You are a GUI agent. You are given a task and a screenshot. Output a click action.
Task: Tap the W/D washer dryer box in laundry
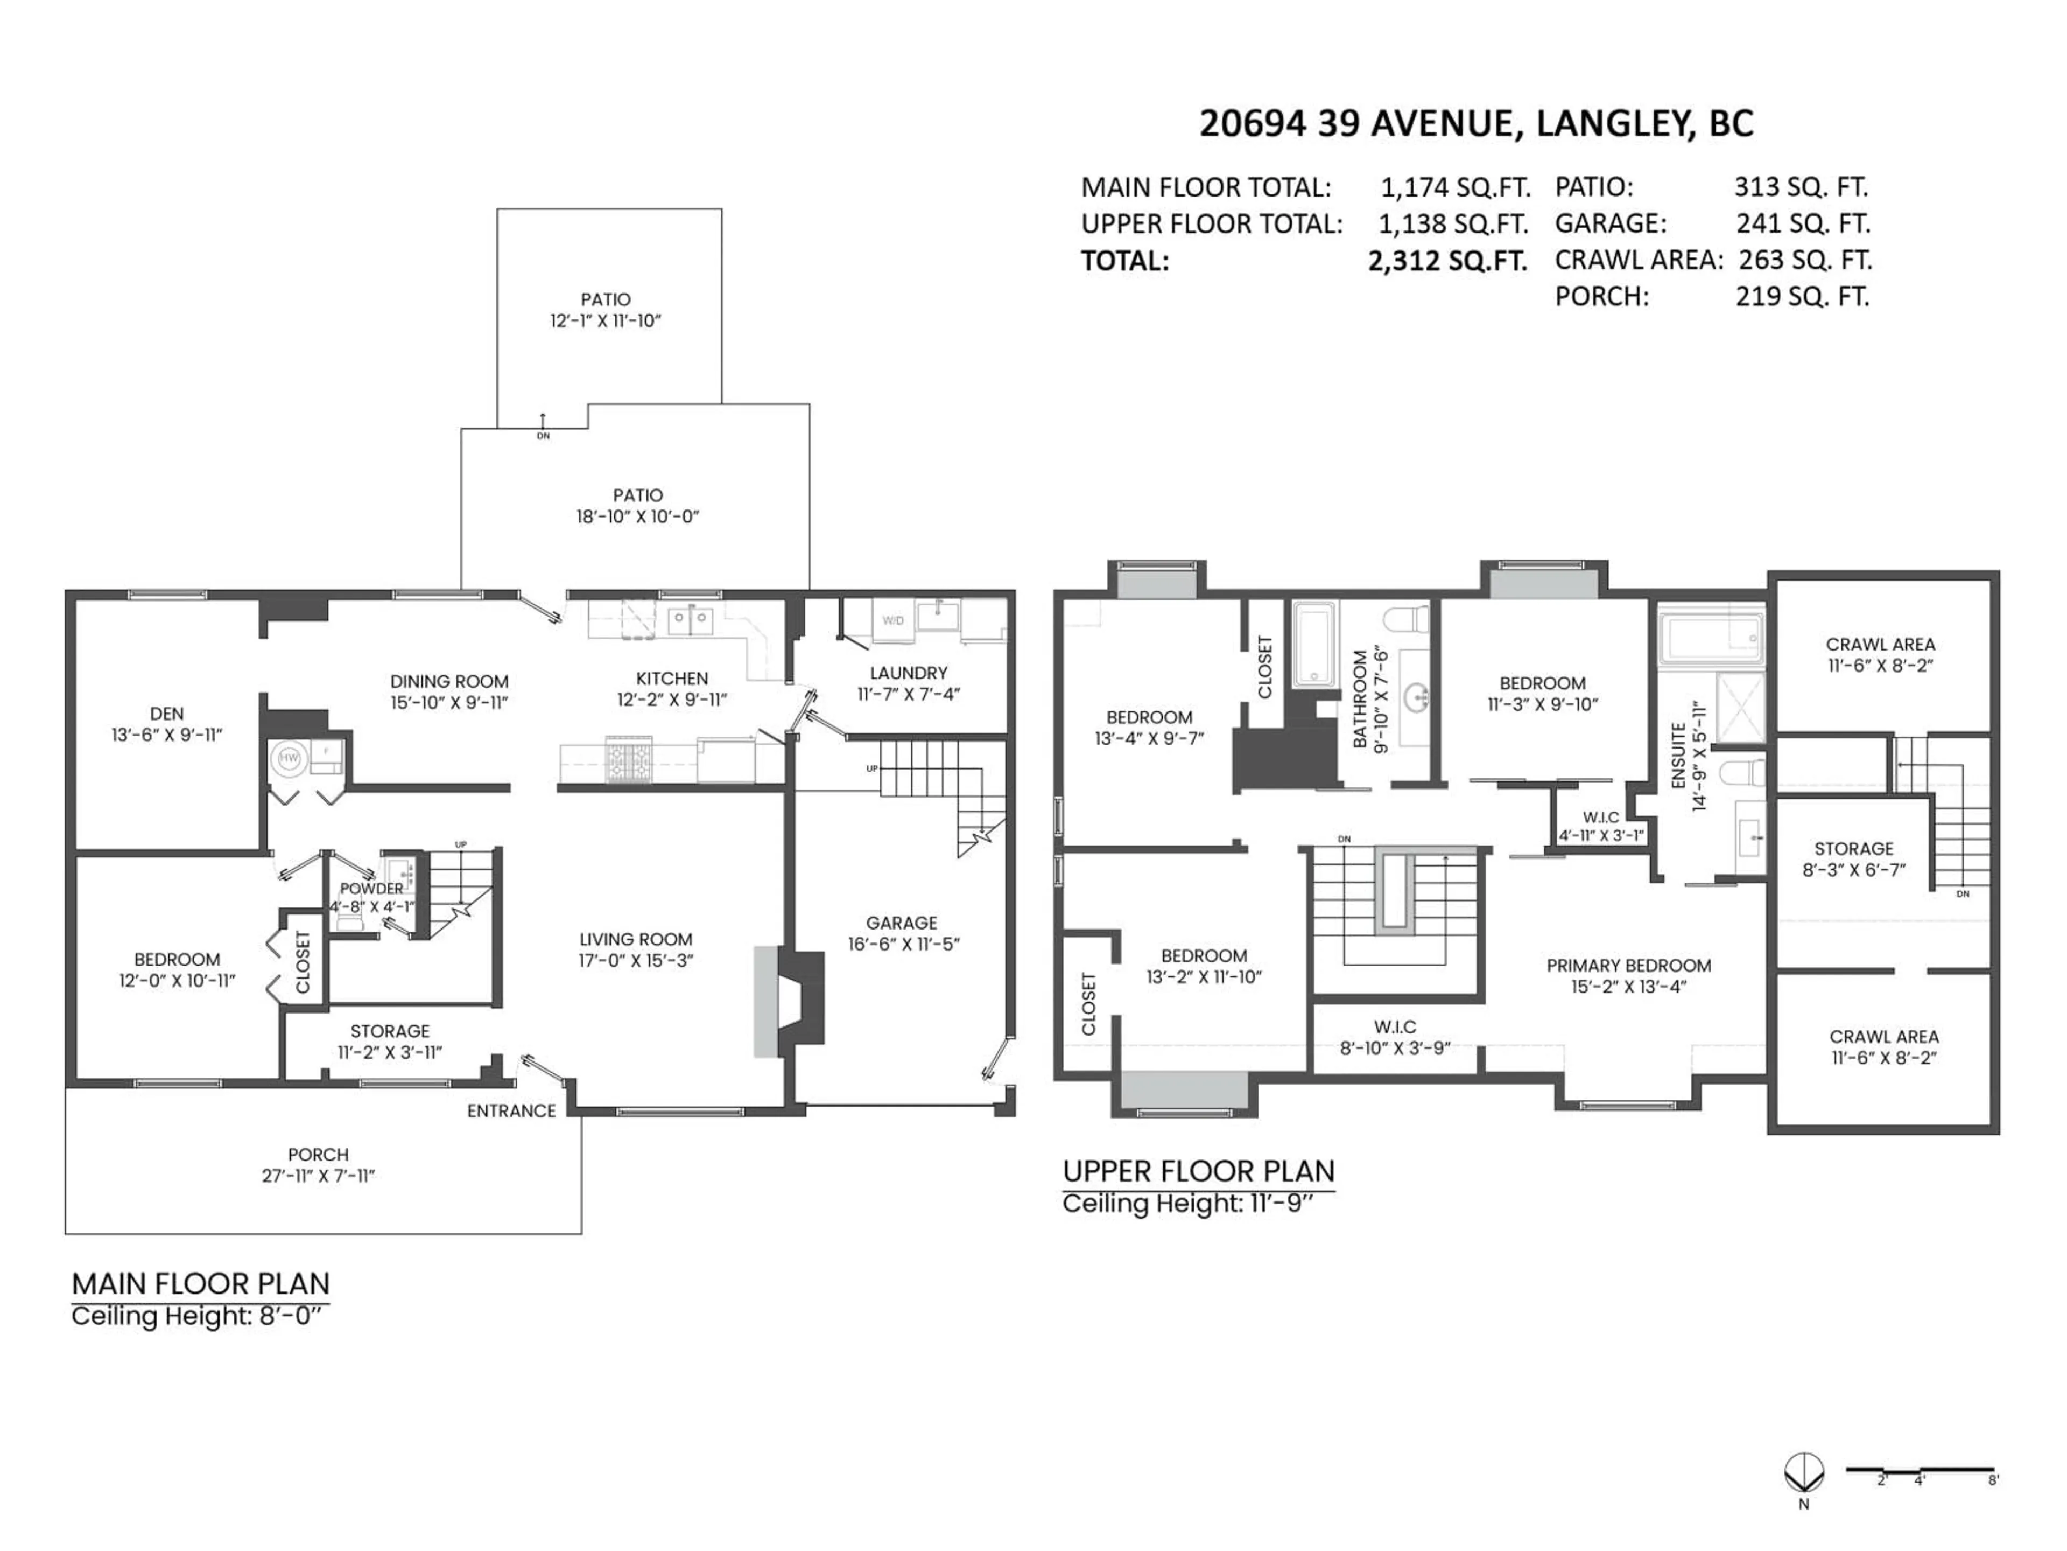tap(892, 621)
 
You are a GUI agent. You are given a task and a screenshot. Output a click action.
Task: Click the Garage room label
tap(901, 922)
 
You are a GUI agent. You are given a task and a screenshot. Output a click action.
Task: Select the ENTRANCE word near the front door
tap(511, 1110)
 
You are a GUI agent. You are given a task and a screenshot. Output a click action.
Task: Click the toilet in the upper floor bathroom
tap(1407, 619)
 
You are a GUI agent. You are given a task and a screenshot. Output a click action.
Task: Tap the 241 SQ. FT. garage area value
tap(1803, 223)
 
